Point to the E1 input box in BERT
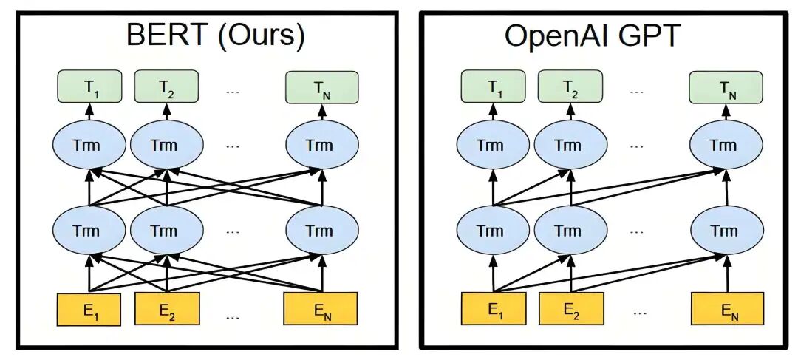(89, 308)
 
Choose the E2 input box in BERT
(166, 308)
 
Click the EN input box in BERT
(321, 308)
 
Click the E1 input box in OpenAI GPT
(494, 308)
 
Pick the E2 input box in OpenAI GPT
(570, 308)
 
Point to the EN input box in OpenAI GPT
(725, 308)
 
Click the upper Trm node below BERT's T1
(89, 145)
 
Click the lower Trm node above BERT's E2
(166, 230)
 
